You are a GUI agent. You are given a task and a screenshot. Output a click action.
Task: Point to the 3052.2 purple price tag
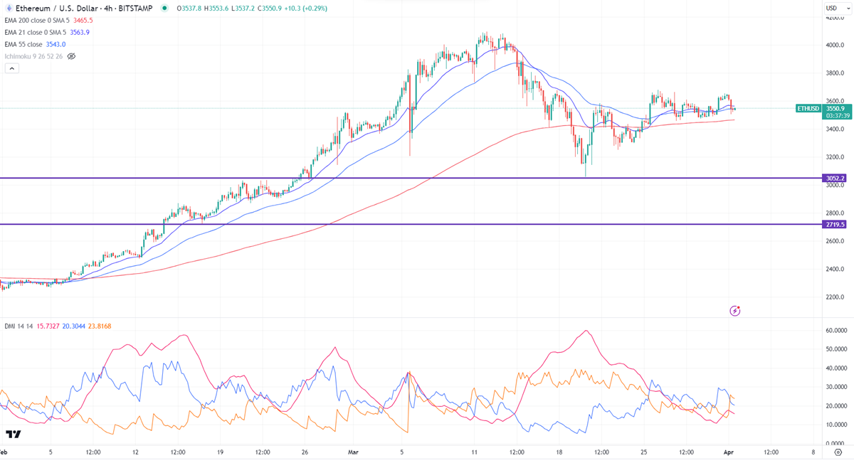(x=835, y=179)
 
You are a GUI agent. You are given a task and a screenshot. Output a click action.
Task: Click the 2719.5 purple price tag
(x=835, y=225)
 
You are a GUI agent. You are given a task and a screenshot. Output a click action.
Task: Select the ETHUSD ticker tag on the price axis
(x=808, y=109)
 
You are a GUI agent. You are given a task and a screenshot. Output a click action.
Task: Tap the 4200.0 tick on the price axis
(x=835, y=18)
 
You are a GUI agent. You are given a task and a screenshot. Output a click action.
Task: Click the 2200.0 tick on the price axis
(x=835, y=297)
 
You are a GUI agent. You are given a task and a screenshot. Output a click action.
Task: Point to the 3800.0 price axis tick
(x=835, y=73)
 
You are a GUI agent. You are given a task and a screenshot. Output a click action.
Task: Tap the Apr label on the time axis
(x=729, y=452)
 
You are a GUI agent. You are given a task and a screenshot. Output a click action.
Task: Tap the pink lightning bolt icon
(x=734, y=311)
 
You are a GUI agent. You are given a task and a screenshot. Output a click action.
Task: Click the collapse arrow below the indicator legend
(x=11, y=68)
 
